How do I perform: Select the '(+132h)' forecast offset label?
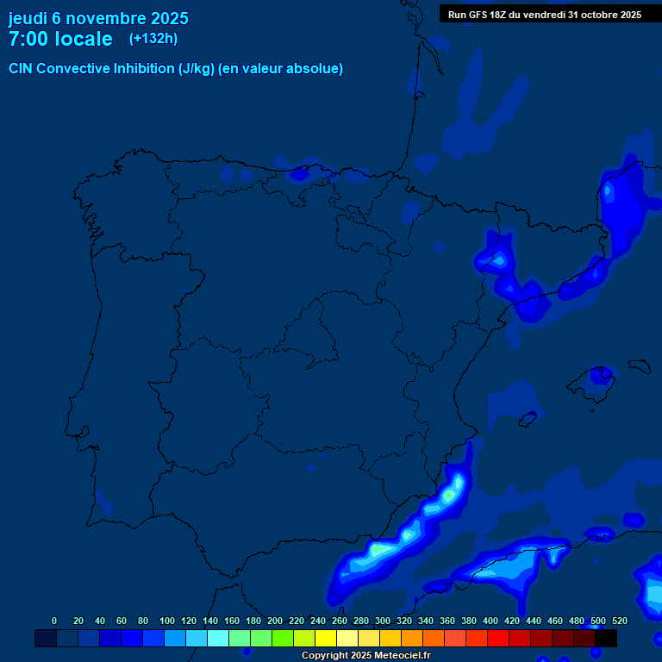tap(153, 38)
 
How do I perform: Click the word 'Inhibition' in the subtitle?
tap(143, 69)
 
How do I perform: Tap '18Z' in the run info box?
tap(504, 15)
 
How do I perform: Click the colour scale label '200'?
tap(275, 621)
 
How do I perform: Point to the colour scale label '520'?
tap(619, 621)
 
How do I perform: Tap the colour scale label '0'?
tap(54, 621)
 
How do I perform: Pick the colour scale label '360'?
tap(447, 621)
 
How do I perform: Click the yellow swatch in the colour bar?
tap(325, 639)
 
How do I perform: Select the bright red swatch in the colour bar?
tap(498, 639)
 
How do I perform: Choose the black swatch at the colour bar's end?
tap(606, 639)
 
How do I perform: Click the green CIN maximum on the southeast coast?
tap(448, 496)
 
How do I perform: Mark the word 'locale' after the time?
tap(84, 39)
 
